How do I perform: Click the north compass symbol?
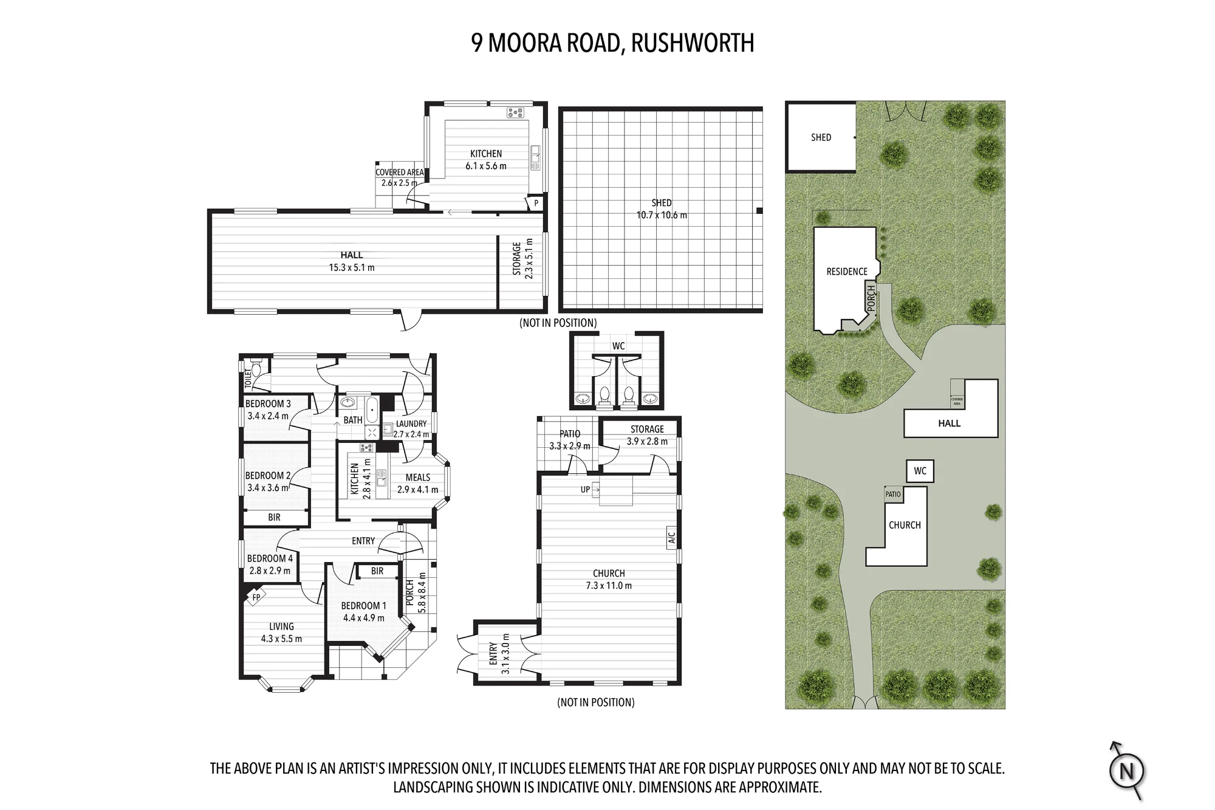coord(1127,771)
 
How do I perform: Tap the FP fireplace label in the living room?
coord(256,597)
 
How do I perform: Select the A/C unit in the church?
coord(672,538)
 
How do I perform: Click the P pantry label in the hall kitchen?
coord(536,203)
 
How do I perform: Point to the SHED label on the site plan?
coord(821,137)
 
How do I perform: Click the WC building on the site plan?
coord(920,471)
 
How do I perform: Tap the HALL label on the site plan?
coord(949,424)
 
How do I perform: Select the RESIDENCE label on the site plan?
coord(847,272)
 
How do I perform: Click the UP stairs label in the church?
coord(585,489)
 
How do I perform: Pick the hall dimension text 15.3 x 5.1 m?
coord(352,267)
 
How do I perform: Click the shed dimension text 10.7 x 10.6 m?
coord(662,215)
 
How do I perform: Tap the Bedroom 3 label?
coord(268,403)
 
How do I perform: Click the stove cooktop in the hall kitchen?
coord(515,112)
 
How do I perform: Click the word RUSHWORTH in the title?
coord(693,43)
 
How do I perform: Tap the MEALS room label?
coord(418,478)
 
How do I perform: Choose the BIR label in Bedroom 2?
coord(274,517)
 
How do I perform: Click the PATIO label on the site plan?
coord(893,494)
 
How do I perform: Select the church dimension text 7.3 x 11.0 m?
coord(609,586)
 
